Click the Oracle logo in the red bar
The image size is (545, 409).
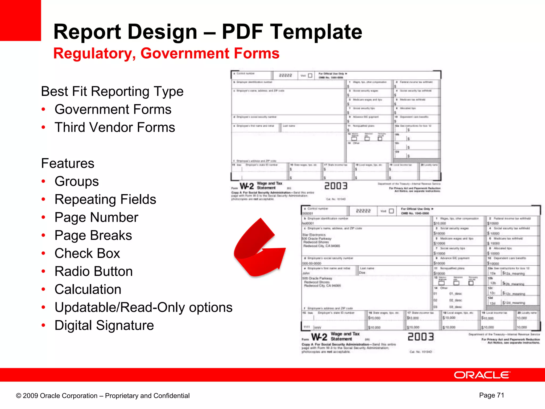coord(482,375)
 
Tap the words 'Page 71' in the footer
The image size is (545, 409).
coord(492,395)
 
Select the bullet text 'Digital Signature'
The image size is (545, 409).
coord(104,325)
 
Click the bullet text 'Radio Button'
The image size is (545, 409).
coord(93,271)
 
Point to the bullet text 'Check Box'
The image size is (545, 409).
coord(87,253)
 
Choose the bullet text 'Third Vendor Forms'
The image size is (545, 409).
coord(115,127)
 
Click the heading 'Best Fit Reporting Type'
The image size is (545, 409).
coord(112,91)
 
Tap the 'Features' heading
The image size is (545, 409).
coord(68,163)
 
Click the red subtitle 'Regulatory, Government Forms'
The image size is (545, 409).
coord(166,53)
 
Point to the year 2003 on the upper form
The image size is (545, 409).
coord(336,186)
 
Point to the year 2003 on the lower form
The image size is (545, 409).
coord(420,337)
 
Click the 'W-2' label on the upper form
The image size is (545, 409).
coord(247,186)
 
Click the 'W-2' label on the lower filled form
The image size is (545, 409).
coord(319,337)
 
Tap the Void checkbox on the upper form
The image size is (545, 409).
coord(310,76)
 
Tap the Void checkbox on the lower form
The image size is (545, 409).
coord(391,211)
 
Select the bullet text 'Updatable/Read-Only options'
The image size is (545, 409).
coord(143,307)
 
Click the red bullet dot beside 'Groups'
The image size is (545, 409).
coord(44,181)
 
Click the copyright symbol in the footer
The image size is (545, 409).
coord(19,396)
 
